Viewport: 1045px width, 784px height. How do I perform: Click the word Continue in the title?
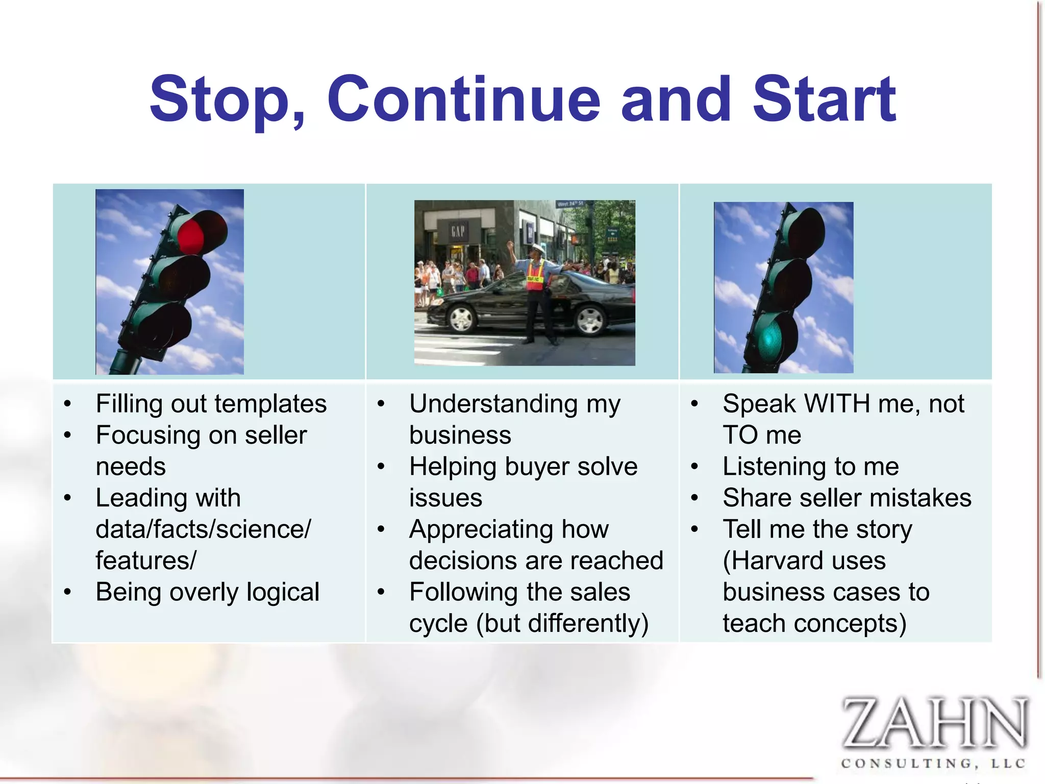(463, 100)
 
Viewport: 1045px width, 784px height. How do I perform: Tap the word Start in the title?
(824, 100)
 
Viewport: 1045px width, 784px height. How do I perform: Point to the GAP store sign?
(458, 231)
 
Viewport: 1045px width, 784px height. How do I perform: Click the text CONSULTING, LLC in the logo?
(933, 764)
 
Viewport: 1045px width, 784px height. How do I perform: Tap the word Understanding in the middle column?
(493, 404)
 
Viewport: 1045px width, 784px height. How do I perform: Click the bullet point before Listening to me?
(694, 467)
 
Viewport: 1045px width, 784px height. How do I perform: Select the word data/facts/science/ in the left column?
(203, 529)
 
